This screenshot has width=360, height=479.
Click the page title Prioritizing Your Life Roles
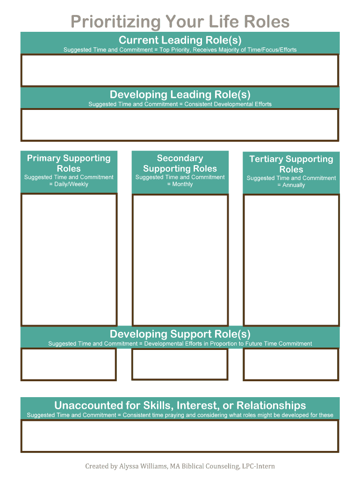click(180, 22)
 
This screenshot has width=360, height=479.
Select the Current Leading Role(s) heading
click(180, 40)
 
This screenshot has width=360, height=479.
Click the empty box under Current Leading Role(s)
click(180, 71)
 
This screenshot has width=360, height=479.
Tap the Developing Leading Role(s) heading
click(180, 94)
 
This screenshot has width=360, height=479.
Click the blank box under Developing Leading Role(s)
click(180, 125)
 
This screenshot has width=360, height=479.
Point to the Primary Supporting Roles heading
click(69, 163)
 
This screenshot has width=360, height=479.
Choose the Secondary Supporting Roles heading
click(180, 163)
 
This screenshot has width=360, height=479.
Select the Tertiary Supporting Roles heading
click(291, 164)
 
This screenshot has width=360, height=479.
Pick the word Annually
click(293, 185)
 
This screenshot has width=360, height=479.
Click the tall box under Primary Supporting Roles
click(69, 260)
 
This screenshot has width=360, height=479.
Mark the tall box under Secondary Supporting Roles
click(180, 260)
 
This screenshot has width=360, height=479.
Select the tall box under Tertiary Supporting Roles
click(291, 260)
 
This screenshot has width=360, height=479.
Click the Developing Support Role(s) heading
click(180, 334)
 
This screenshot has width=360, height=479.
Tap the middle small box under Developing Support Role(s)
click(180, 364)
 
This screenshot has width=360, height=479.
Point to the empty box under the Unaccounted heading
click(180, 436)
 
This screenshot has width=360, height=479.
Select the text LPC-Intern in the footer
click(258, 466)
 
